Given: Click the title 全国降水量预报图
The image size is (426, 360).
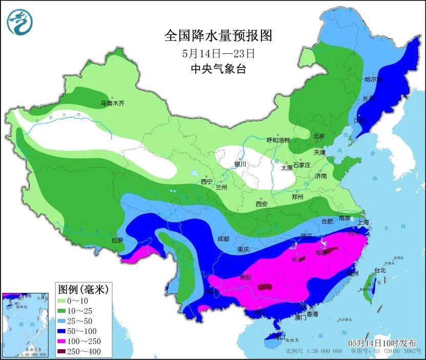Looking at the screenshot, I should pyautogui.click(x=218, y=35).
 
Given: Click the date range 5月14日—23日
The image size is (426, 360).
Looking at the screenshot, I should pyautogui.click(x=218, y=53).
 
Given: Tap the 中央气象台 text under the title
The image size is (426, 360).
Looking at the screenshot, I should pyautogui.click(x=218, y=69).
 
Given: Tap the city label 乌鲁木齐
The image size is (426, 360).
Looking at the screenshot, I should pyautogui.click(x=112, y=103).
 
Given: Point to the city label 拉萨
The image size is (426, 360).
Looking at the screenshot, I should pyautogui.click(x=117, y=240).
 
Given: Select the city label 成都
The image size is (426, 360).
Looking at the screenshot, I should pyautogui.click(x=223, y=238).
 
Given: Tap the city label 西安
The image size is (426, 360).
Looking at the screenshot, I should pyautogui.click(x=261, y=204).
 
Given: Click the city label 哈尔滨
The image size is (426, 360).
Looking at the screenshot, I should pyautogui.click(x=373, y=79).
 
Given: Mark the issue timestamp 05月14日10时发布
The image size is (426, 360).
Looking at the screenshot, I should pyautogui.click(x=382, y=343).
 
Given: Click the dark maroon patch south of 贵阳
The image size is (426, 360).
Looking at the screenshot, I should pyautogui.click(x=266, y=288).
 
